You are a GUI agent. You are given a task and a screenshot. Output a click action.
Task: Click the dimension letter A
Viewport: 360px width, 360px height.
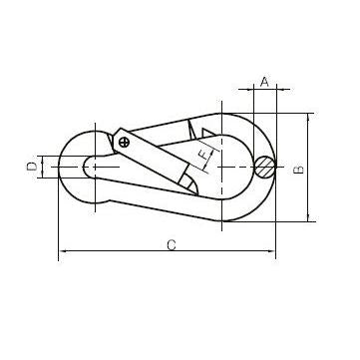(264, 82)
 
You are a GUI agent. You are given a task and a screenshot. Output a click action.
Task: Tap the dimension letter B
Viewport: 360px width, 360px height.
(299, 170)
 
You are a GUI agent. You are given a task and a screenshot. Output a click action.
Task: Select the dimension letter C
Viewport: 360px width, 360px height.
(172, 245)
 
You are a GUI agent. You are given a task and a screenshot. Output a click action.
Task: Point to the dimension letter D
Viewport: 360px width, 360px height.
(32, 167)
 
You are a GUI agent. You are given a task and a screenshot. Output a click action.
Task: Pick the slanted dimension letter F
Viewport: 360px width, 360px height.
(202, 155)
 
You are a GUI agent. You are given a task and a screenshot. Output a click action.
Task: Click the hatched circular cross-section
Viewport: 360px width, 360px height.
(265, 167)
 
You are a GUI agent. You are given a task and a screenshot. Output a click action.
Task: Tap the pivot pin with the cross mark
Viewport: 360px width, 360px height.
(124, 143)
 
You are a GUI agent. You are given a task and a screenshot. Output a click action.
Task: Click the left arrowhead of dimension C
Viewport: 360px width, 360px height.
(62, 251)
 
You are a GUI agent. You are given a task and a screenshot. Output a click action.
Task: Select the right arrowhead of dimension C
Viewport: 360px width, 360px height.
(272, 251)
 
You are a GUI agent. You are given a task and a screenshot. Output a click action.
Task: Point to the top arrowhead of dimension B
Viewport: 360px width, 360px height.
(308, 117)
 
